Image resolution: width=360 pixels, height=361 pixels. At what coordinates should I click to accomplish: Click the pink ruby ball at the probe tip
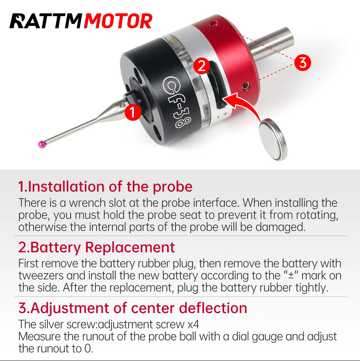(x=42, y=144)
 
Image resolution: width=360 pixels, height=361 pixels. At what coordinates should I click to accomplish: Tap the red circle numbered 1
(x=133, y=112)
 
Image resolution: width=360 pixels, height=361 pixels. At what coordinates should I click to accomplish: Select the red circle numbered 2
(x=201, y=66)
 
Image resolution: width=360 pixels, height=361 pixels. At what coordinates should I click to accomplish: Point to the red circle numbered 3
(x=302, y=62)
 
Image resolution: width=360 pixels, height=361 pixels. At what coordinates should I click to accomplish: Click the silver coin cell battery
(x=273, y=140)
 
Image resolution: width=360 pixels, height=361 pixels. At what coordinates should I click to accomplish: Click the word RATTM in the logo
(x=46, y=21)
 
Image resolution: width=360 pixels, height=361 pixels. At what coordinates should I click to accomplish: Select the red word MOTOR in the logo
(x=118, y=21)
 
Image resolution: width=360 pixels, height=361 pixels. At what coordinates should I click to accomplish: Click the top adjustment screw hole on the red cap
(x=215, y=23)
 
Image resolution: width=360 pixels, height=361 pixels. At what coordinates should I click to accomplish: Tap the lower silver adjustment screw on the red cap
(x=246, y=86)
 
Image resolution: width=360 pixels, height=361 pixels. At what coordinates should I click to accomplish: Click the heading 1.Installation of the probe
(x=106, y=187)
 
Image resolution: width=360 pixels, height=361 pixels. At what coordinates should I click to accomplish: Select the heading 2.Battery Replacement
(x=96, y=247)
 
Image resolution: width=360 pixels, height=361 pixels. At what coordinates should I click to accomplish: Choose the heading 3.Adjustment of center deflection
(x=133, y=308)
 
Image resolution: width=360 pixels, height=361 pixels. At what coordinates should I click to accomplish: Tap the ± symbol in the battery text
(x=291, y=275)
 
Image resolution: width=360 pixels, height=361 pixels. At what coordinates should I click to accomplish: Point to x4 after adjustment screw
(x=193, y=325)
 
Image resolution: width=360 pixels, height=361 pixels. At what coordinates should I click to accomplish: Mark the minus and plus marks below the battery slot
(x=222, y=115)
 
